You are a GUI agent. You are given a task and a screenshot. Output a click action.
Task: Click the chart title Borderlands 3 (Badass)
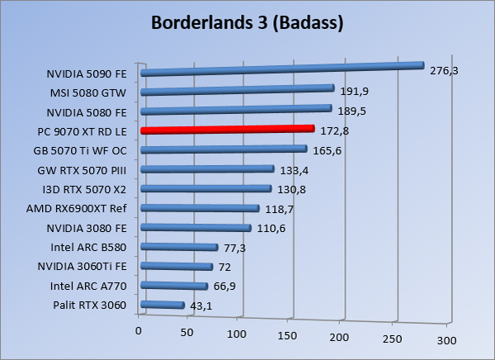tap(247, 23)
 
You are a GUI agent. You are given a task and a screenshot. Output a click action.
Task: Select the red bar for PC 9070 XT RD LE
tap(228, 130)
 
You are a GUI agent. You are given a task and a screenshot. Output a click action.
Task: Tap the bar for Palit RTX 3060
tap(163, 306)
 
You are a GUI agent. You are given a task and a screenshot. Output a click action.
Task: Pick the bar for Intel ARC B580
tap(179, 247)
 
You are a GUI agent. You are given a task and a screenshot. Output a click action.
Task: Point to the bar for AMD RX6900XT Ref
tap(200, 208)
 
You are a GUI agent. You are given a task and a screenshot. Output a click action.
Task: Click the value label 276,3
tap(444, 72)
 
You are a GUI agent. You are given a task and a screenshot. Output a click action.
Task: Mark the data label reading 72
tap(224, 267)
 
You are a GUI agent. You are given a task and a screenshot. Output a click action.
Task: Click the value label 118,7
tap(279, 209)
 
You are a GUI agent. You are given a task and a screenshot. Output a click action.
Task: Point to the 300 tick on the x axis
tap(446, 340)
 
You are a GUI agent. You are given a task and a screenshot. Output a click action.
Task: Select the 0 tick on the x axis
tap(139, 331)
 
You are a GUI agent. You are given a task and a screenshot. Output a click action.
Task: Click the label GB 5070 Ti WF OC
tap(79, 151)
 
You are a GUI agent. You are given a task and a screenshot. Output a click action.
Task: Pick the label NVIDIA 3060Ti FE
tap(81, 268)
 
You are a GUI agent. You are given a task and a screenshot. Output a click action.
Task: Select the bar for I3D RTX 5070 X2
tap(206, 189)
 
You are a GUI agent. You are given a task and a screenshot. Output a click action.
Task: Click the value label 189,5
tap(351, 111)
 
